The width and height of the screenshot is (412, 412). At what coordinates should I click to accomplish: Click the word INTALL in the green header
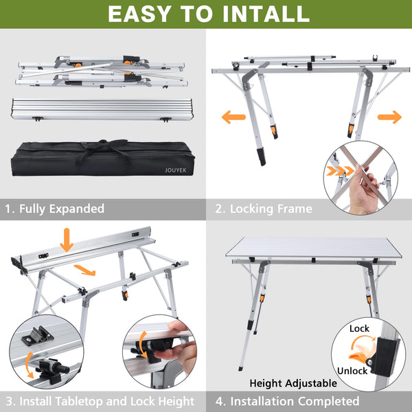click(x=266, y=14)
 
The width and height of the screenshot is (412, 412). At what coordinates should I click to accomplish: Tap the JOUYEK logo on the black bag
click(x=176, y=170)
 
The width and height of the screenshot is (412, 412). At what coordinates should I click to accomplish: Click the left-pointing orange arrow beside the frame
click(x=233, y=117)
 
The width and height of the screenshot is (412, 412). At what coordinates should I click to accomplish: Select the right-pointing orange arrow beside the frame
click(x=389, y=117)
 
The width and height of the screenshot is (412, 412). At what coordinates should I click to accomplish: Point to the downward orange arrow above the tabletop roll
click(x=67, y=240)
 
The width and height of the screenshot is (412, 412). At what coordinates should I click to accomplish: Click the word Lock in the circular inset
click(x=359, y=328)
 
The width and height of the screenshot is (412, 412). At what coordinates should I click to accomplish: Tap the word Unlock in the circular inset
click(x=352, y=371)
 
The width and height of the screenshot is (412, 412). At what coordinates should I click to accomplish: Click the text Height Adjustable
click(x=293, y=383)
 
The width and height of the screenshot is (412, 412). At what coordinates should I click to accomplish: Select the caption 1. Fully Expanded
click(x=55, y=209)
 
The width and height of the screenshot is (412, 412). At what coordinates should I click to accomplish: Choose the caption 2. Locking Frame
click(x=264, y=209)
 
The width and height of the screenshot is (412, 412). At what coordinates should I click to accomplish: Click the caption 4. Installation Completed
click(x=288, y=401)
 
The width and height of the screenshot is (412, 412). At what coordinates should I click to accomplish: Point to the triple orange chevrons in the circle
click(x=340, y=171)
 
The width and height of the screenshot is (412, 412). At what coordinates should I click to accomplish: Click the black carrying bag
click(x=103, y=158)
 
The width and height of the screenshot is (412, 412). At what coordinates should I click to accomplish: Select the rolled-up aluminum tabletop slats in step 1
click(x=102, y=109)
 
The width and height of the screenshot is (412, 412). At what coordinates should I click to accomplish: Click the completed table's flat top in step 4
click(x=313, y=247)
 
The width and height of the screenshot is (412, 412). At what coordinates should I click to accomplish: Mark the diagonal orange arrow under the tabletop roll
click(x=84, y=270)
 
